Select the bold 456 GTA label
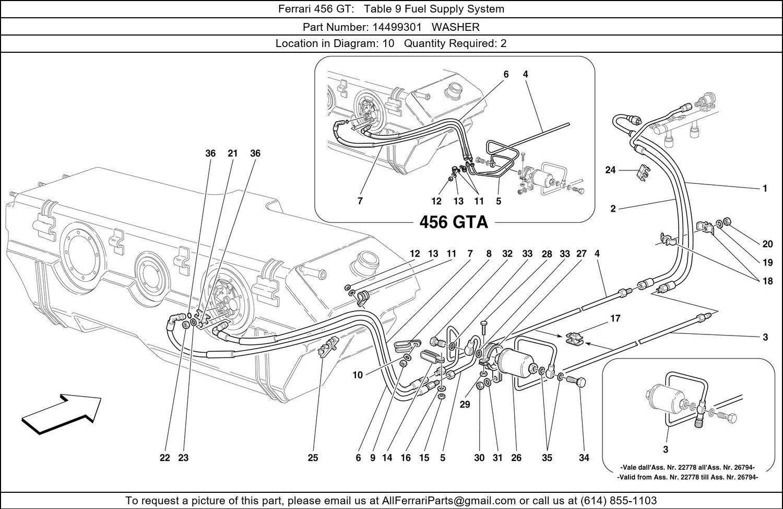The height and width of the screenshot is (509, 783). click(x=454, y=223)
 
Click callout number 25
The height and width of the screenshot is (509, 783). click(x=312, y=458)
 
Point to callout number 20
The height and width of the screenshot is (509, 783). click(x=767, y=244)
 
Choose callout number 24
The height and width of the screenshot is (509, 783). click(x=611, y=170)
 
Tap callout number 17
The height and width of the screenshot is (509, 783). click(x=615, y=318)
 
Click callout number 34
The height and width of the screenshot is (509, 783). click(x=584, y=458)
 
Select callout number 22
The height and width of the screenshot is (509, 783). click(x=164, y=458)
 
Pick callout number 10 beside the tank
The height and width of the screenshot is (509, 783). click(x=358, y=375)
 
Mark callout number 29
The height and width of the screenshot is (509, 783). click(x=465, y=404)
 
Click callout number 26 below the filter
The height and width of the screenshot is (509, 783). click(x=516, y=458)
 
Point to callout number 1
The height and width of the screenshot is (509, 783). click(x=765, y=188)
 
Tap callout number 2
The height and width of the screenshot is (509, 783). click(x=613, y=209)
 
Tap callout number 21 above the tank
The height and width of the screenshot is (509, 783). click(x=232, y=153)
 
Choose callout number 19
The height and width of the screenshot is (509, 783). click(x=767, y=263)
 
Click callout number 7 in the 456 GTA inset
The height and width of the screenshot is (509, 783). click(x=360, y=201)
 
